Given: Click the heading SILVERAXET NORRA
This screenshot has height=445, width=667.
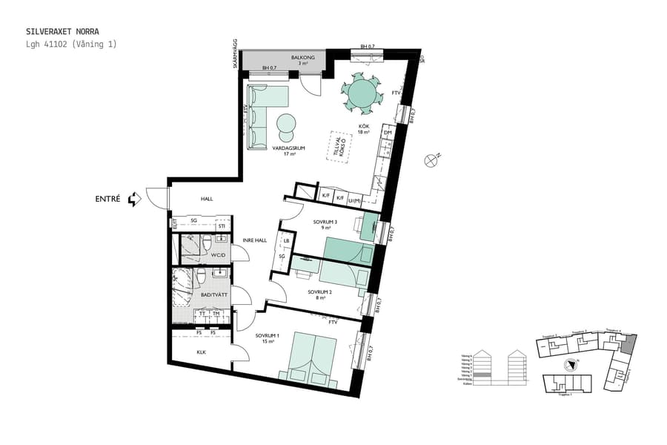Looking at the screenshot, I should point(62,32).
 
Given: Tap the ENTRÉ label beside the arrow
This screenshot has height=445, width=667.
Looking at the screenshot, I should point(108,199).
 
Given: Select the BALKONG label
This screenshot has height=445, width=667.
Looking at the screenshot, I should point(303,58).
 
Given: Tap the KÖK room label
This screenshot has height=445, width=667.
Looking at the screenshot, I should point(364,127).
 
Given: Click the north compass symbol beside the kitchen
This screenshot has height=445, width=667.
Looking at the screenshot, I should point(432,159).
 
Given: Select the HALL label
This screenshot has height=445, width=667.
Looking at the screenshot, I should point(207,199).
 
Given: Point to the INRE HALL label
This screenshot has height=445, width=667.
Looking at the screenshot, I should point(255,240).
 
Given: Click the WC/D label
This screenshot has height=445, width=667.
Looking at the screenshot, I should point(218,255).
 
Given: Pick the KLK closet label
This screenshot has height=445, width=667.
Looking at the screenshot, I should point(201,352).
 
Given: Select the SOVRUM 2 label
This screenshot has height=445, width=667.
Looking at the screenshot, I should point(319,292).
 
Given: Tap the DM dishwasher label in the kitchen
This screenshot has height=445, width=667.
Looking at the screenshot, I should point(387,133).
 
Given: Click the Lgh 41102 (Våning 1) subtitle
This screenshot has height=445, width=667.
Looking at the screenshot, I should point(71,44).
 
